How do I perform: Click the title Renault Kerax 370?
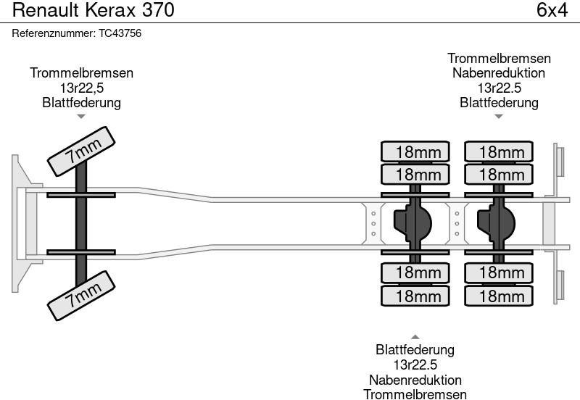(x=94, y=11)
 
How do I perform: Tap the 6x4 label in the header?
(x=551, y=11)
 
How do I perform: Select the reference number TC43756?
(x=76, y=33)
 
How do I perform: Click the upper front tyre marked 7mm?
(x=82, y=150)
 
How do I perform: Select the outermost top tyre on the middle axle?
(x=416, y=151)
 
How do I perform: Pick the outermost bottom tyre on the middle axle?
(x=416, y=296)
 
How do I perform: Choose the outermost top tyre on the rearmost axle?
(x=500, y=151)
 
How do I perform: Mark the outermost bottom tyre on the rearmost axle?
(x=500, y=296)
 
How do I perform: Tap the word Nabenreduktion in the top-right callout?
(x=499, y=73)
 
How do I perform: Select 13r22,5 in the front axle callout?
(x=81, y=88)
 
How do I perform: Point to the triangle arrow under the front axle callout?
(x=81, y=115)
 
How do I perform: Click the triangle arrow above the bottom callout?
(x=415, y=337)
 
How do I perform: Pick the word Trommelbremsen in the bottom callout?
(x=415, y=393)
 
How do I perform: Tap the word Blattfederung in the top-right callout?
(x=499, y=102)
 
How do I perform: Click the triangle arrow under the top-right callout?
(x=498, y=115)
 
